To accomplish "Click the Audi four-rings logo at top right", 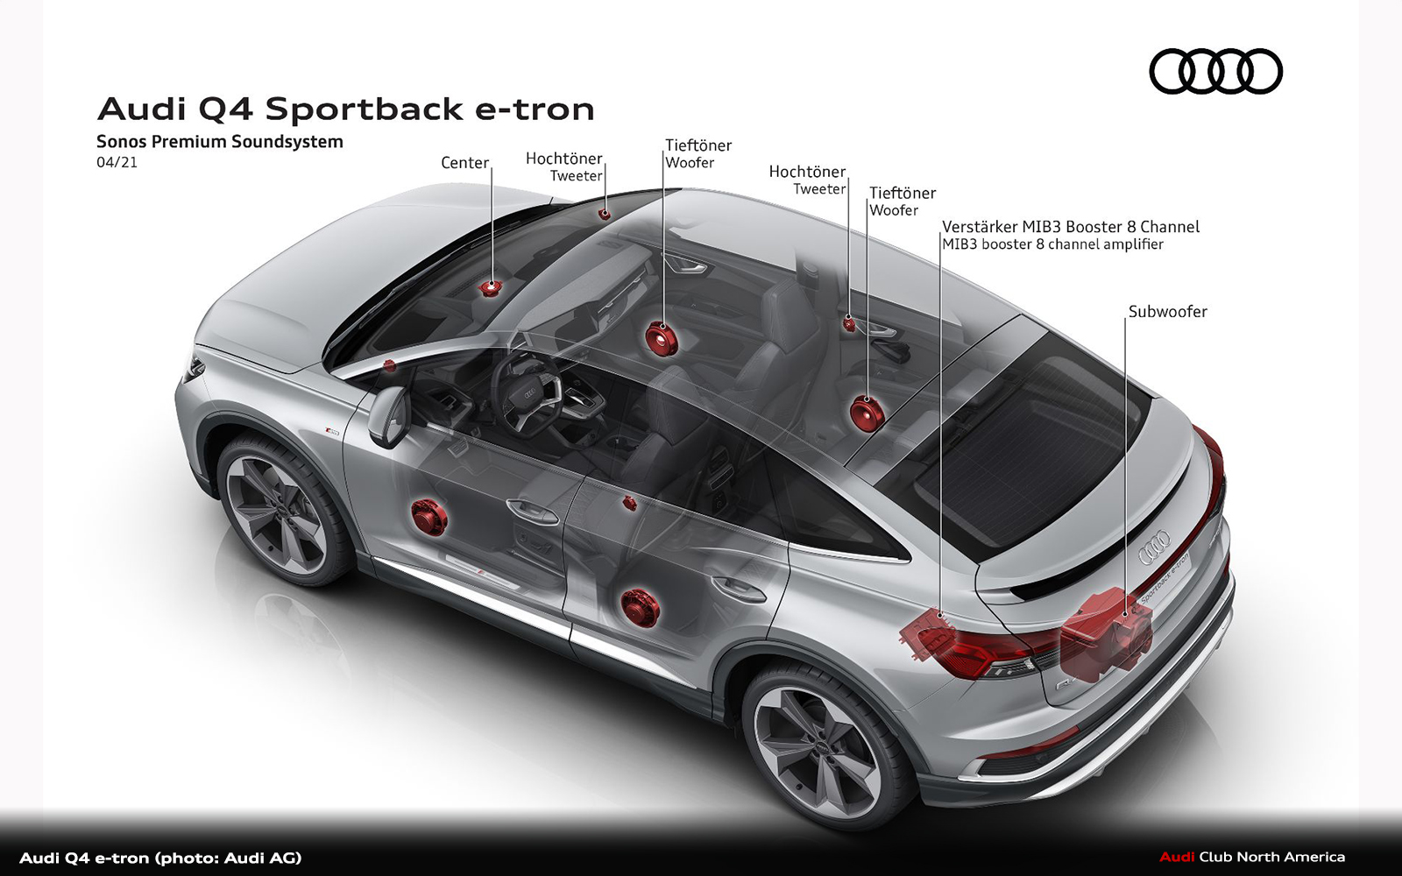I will tap(1215, 71).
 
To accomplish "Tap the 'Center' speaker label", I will tap(464, 163).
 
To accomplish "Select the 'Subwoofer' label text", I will tap(1167, 312).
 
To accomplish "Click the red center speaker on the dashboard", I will tap(490, 286).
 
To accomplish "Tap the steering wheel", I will tap(525, 393).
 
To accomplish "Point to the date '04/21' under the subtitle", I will tap(117, 163).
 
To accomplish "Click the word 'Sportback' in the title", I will tap(364, 109).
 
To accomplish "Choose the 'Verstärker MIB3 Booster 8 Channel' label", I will tap(1070, 227).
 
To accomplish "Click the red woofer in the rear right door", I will tap(866, 413).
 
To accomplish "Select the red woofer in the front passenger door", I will tap(661, 337).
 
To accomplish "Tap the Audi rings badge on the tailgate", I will tap(1153, 548).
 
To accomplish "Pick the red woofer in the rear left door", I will tap(640, 606).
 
